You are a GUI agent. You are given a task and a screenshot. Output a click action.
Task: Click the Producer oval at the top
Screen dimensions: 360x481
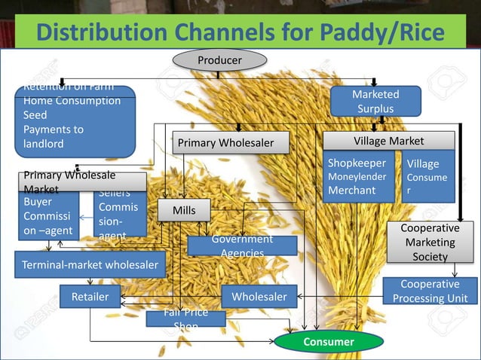coord(219,59)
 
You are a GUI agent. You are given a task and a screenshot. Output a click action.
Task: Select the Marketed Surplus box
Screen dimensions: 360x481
coord(375,102)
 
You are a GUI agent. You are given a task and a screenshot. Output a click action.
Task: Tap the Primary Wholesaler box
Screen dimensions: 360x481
coord(222,142)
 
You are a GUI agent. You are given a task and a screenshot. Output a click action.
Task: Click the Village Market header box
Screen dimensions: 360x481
coord(388,141)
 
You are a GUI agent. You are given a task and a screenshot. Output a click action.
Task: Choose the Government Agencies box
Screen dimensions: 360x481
coord(242,246)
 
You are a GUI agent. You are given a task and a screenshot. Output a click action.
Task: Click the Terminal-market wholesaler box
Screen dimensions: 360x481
coord(90,264)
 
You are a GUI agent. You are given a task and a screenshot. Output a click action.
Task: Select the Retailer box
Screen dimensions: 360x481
coord(90,297)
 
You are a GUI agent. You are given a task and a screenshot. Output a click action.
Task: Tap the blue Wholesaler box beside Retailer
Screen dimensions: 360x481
coord(259,297)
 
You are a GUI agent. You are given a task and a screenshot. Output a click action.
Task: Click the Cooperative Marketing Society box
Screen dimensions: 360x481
coord(430,242)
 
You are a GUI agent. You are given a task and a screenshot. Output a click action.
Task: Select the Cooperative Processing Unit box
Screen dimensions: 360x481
coord(430,291)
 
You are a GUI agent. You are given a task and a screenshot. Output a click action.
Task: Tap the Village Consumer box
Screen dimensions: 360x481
coord(427,177)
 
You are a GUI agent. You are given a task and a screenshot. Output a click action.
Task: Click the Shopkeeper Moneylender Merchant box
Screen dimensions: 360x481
coord(359,177)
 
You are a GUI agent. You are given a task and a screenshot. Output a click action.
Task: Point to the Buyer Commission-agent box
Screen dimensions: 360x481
coord(48,216)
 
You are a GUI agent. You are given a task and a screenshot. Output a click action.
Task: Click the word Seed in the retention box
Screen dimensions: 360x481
coord(35,115)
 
